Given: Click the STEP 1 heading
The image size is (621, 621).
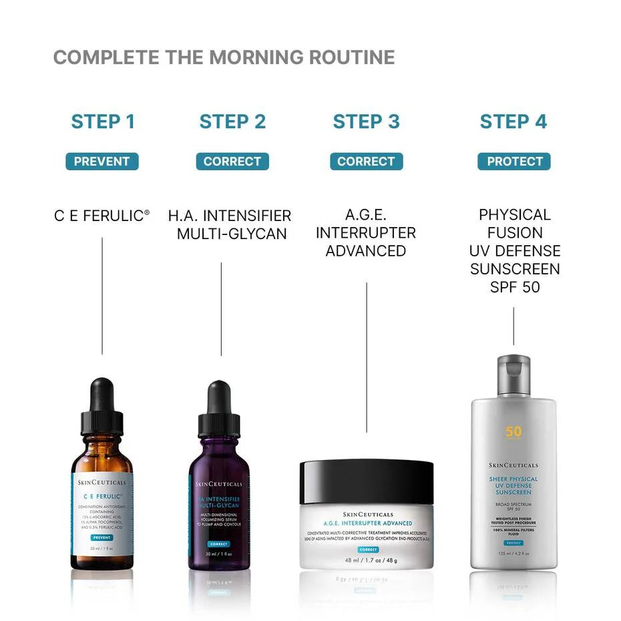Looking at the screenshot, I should point(103,122).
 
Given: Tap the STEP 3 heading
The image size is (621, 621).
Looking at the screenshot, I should point(366,122).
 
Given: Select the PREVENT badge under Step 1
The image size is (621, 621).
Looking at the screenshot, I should point(102,162).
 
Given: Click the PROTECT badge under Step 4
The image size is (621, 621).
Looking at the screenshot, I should point(513,162).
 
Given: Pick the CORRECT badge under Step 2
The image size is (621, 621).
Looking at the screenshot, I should point(232,162).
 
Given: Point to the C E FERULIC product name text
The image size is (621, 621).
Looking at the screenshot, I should point(102,216).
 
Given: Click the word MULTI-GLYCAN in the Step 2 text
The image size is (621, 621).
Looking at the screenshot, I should point(232,234).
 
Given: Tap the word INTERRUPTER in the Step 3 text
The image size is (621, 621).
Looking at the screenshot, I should point(366,233).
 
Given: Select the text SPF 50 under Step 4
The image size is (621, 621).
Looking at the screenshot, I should point(513,287).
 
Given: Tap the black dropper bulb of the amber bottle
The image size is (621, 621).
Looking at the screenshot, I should point(102,394).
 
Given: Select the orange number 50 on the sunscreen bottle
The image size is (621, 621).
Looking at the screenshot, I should point(513,432).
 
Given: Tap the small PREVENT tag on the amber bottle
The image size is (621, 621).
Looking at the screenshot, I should point(102,537).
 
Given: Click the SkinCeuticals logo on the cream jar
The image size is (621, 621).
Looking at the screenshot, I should point(366,513).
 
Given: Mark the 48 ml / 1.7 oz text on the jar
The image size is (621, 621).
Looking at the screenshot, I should point(366,560).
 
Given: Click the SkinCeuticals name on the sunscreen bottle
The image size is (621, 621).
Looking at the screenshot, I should point(513,465).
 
